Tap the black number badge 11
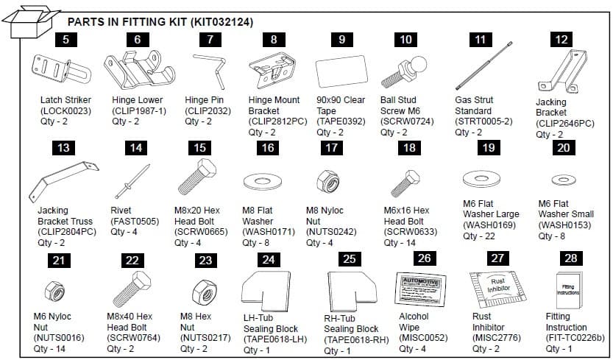coord(481,40)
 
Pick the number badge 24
coord(269,259)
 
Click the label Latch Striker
coord(65,99)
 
